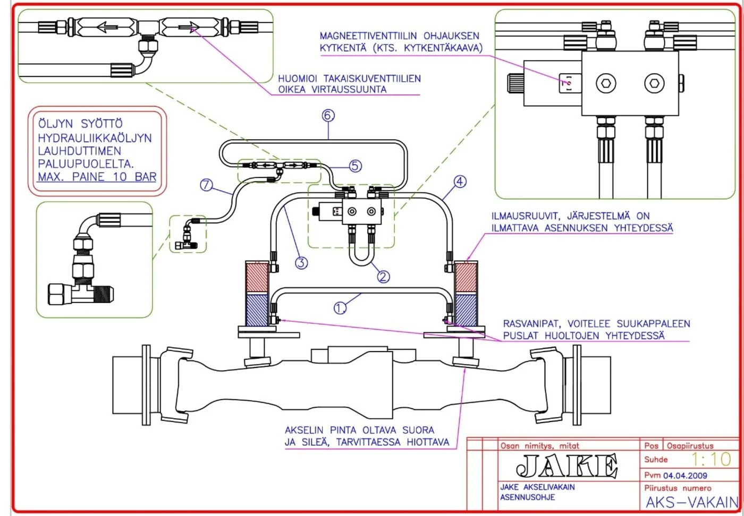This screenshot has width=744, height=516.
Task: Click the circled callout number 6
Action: [328, 116]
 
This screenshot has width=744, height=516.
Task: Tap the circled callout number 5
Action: [355, 166]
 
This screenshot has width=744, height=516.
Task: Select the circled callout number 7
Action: [206, 185]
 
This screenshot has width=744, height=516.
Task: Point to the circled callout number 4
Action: [460, 182]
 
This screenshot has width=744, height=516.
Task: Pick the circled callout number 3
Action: [301, 263]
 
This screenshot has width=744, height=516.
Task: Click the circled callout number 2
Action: [383, 277]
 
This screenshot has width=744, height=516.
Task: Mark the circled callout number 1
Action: [340, 308]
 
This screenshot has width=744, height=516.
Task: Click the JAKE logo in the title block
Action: [567, 466]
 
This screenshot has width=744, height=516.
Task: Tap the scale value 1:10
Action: [712, 459]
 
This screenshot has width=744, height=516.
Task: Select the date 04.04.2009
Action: [685, 476]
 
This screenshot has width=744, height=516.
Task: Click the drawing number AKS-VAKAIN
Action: [692, 502]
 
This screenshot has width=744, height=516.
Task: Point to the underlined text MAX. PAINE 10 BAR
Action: [97, 177]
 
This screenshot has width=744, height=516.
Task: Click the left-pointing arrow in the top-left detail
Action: [107, 27]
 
